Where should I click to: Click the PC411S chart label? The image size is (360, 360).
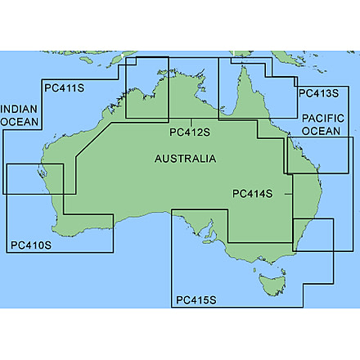64,88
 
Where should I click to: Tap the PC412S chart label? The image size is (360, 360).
190,131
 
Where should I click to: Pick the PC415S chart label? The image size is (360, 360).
196,300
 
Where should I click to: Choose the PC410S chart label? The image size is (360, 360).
31,245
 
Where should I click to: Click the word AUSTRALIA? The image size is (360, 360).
185,158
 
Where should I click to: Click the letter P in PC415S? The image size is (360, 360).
179,300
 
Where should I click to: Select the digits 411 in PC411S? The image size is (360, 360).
67,88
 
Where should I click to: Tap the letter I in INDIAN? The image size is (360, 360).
2,108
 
